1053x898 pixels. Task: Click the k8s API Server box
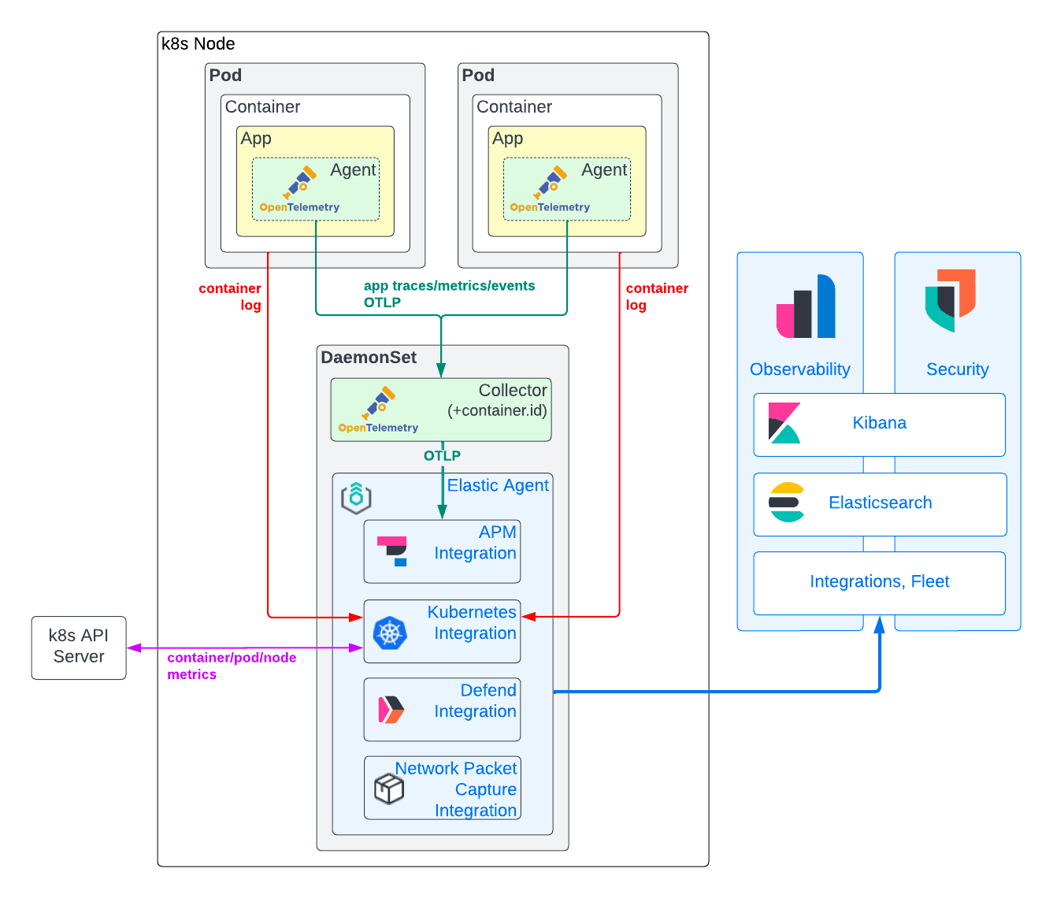pyautogui.click(x=79, y=647)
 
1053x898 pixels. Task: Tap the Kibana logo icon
pyautogui.click(x=784, y=424)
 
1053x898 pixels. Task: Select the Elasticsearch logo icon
pyautogui.click(x=787, y=503)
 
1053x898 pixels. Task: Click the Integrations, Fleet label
pyautogui.click(x=879, y=582)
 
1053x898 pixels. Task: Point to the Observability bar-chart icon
pyautogui.click(x=806, y=306)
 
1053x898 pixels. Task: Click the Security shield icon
pyautogui.click(x=951, y=299)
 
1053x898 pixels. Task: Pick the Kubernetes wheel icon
pyautogui.click(x=389, y=633)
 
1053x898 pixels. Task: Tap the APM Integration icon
pyautogui.click(x=392, y=551)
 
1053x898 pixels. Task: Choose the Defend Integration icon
pyautogui.click(x=391, y=710)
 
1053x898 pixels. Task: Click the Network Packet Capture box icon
pyautogui.click(x=389, y=788)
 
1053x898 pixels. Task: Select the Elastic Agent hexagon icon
pyautogui.click(x=356, y=498)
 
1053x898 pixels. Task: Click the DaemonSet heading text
pyautogui.click(x=369, y=358)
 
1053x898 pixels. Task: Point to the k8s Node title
pyautogui.click(x=198, y=44)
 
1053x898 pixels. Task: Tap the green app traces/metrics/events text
pyautogui.click(x=449, y=286)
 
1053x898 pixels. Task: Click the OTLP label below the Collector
pyautogui.click(x=442, y=456)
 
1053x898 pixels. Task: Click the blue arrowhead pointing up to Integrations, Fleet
pyautogui.click(x=879, y=625)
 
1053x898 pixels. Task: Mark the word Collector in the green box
pyautogui.click(x=512, y=391)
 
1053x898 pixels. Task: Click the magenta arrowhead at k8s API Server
pyautogui.click(x=133, y=648)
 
